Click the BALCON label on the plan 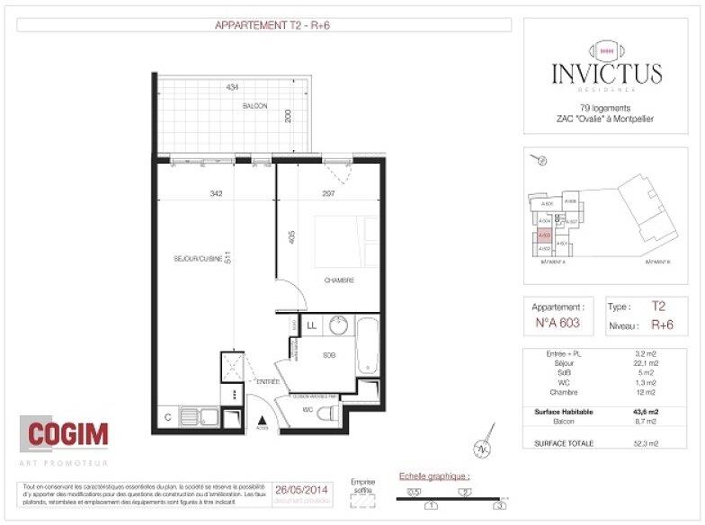click(254, 106)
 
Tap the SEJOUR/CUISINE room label click(198, 259)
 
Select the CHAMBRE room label click(339, 280)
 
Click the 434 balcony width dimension click(232, 87)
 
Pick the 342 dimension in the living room click(216, 193)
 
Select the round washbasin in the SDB click(338, 325)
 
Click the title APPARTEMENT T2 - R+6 click(263, 25)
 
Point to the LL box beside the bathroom click(312, 325)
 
